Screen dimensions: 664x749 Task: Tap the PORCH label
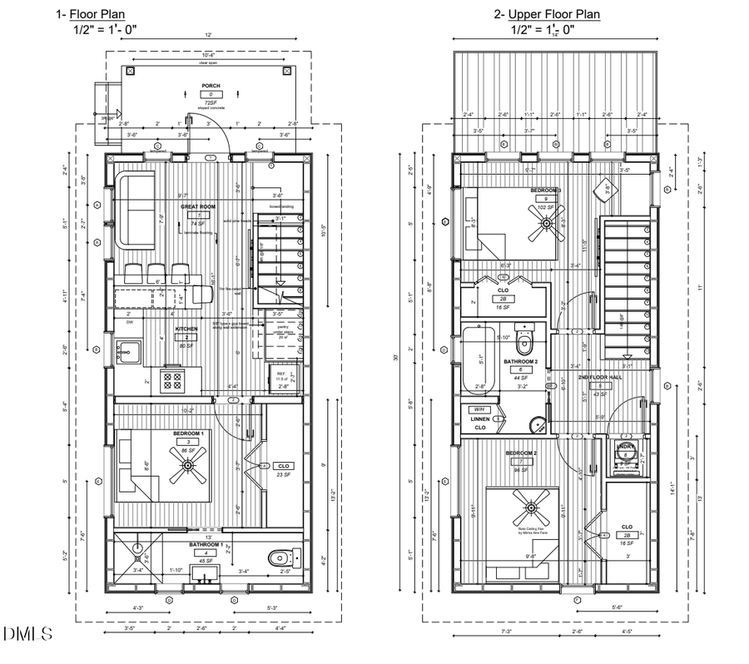210,86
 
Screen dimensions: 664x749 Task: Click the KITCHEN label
186,329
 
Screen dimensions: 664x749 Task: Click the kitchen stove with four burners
174,381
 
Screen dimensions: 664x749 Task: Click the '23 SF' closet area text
284,474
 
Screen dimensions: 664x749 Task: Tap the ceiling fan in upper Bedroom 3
546,223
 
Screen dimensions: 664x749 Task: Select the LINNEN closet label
479,419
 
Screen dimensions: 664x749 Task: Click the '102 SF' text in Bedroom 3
547,208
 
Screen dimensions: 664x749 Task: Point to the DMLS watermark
27,635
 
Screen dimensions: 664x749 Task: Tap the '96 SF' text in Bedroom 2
523,470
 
